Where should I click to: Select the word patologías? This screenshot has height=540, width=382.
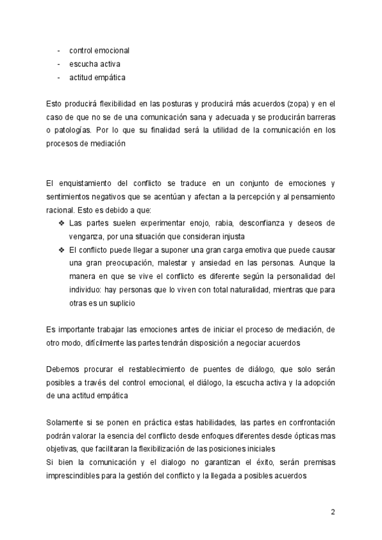74,132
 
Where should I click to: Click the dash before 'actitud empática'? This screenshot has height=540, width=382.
59,78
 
